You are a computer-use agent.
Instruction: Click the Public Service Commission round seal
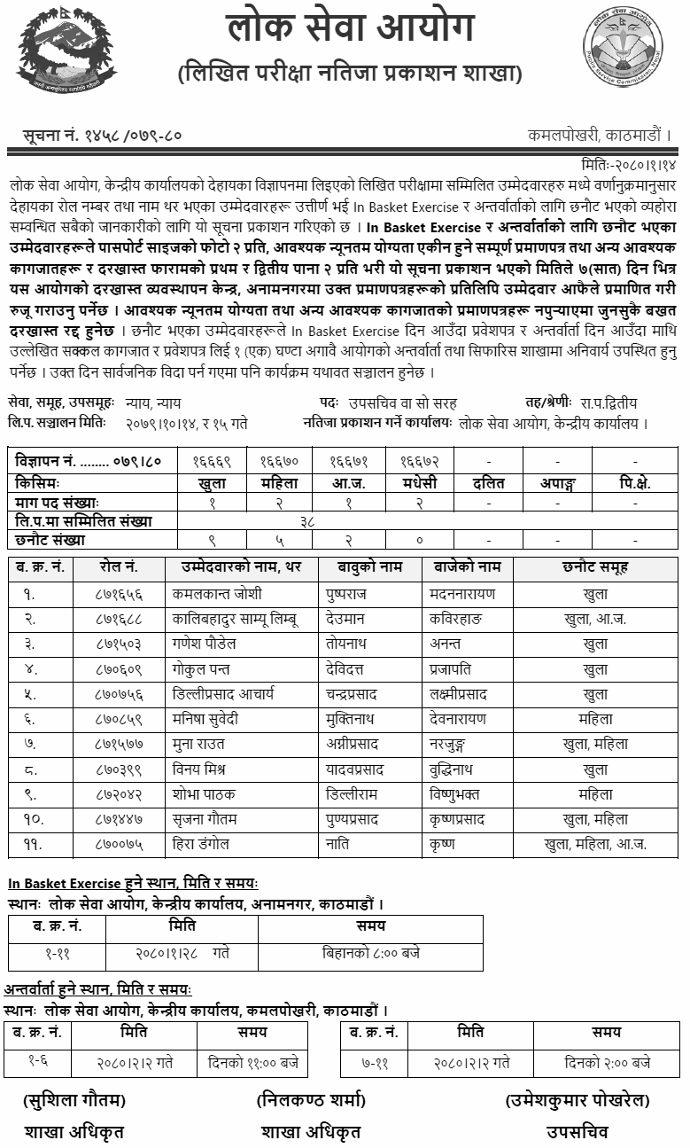(623, 45)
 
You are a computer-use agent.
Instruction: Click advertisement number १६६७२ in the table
(418, 462)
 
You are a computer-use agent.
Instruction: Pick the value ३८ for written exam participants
(306, 520)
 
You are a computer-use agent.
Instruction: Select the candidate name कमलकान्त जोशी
(217, 595)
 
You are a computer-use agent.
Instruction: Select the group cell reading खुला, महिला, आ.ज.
(595, 845)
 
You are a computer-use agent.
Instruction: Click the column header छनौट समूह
(595, 568)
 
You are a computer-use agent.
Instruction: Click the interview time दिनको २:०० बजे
(607, 1061)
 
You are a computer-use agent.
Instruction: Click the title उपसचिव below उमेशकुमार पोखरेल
(578, 1131)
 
